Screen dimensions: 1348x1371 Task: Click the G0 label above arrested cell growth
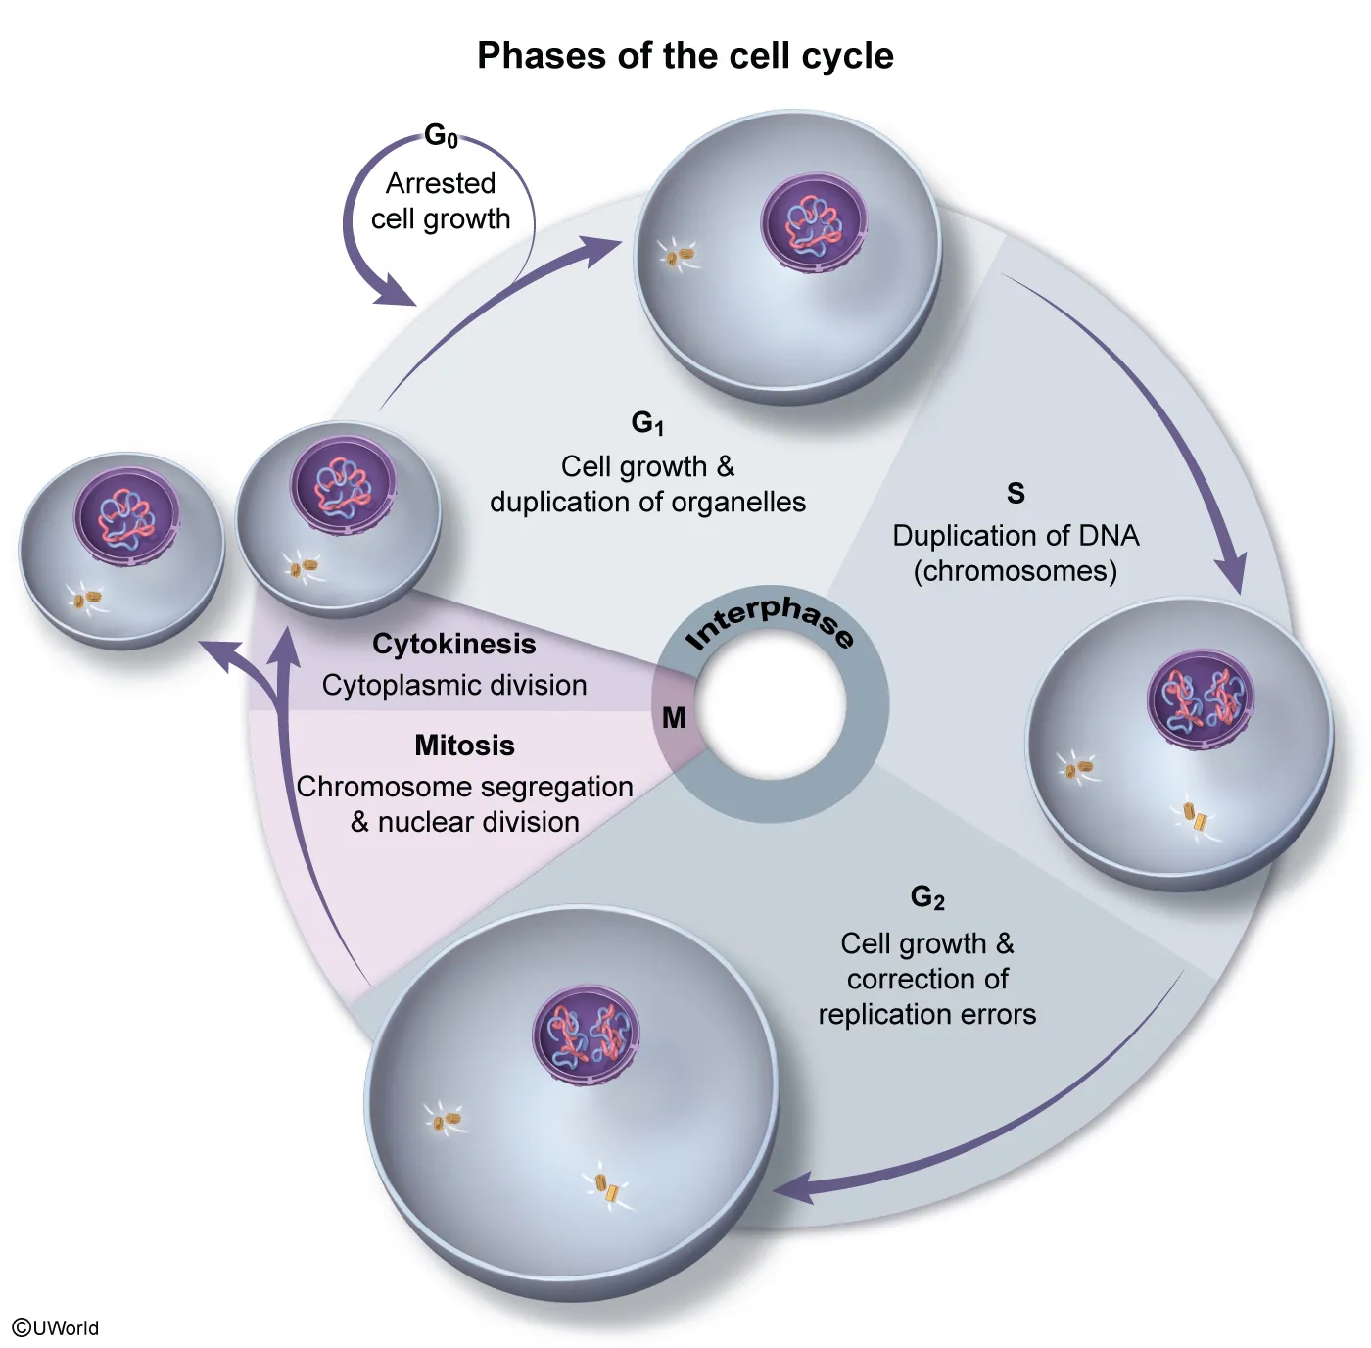(x=441, y=136)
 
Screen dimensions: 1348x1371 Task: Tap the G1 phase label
(x=647, y=423)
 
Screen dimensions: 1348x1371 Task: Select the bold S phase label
(x=1016, y=493)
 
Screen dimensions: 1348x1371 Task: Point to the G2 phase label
(x=927, y=897)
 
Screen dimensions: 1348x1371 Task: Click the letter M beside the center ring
(x=674, y=718)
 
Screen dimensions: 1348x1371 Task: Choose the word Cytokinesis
(x=454, y=644)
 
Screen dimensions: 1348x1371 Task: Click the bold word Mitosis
(x=464, y=746)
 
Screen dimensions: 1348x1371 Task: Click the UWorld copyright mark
(x=56, y=1328)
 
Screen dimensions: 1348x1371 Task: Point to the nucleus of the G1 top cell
(x=814, y=222)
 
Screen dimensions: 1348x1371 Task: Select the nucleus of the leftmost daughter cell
(x=126, y=515)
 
